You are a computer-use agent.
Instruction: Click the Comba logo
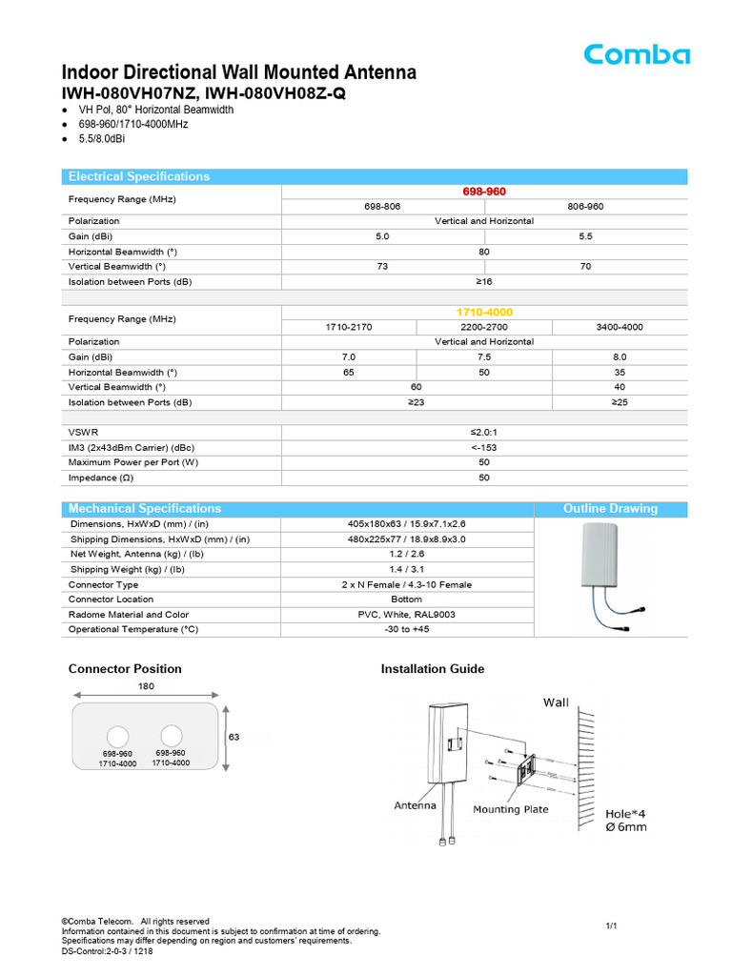tap(637, 54)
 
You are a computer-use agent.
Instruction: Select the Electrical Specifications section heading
tap(139, 176)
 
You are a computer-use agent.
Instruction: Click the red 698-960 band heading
tap(484, 192)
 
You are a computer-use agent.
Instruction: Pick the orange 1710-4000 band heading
tap(484, 313)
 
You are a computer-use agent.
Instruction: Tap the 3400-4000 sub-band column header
tap(619, 327)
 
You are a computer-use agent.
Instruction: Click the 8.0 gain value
tap(619, 356)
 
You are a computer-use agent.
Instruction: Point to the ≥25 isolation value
tap(619, 402)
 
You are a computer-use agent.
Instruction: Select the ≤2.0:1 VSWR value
tap(484, 432)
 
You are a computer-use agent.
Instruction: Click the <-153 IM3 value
tap(484, 447)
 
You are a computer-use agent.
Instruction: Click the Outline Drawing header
tap(610, 508)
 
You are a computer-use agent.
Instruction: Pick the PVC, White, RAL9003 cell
tap(407, 615)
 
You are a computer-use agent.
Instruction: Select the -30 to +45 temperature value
tap(407, 630)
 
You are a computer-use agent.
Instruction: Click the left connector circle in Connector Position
tap(117, 736)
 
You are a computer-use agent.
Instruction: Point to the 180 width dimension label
tap(145, 686)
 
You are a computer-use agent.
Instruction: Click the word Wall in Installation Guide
tap(556, 702)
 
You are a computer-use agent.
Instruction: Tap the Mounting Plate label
tap(511, 809)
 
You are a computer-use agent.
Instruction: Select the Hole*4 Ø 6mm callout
tap(626, 821)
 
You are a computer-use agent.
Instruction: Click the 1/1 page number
tap(612, 925)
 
